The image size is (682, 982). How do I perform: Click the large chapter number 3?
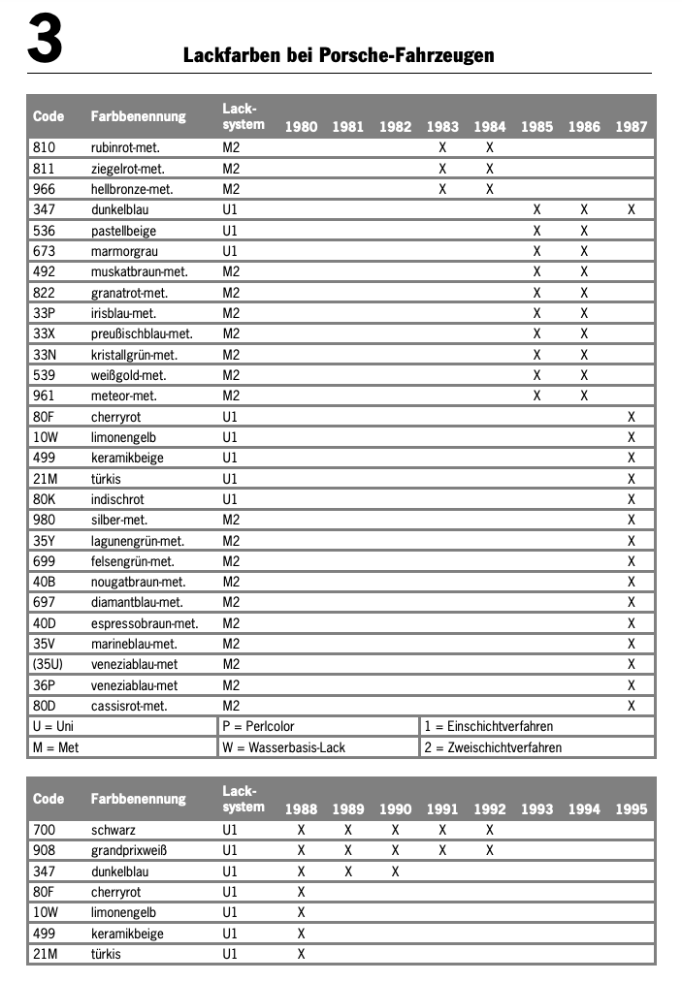pyautogui.click(x=45, y=40)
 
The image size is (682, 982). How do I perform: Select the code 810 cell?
pyautogui.click(x=45, y=147)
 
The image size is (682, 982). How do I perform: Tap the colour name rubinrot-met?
pyautogui.click(x=125, y=147)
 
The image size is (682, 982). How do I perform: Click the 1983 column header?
pyautogui.click(x=442, y=127)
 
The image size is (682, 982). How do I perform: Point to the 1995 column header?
pyautogui.click(x=632, y=809)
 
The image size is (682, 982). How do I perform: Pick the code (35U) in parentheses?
pyautogui.click(x=49, y=664)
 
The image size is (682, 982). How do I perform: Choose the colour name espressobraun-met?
pyautogui.click(x=145, y=623)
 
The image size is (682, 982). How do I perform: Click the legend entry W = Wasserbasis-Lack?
pyautogui.click(x=283, y=747)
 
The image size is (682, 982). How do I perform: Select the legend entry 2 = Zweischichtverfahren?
pyautogui.click(x=493, y=747)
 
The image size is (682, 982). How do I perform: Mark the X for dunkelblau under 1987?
pyautogui.click(x=632, y=209)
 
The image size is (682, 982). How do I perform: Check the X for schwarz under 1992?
pyautogui.click(x=490, y=831)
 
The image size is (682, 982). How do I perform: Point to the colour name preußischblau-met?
pyautogui.click(x=142, y=333)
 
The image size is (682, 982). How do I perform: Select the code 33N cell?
pyautogui.click(x=46, y=354)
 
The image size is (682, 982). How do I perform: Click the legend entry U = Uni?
pyautogui.click(x=53, y=726)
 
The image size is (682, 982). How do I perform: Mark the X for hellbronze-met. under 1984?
pyautogui.click(x=490, y=189)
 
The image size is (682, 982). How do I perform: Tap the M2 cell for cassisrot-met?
pyautogui.click(x=231, y=706)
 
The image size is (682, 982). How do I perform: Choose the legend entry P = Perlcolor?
pyautogui.click(x=258, y=726)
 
